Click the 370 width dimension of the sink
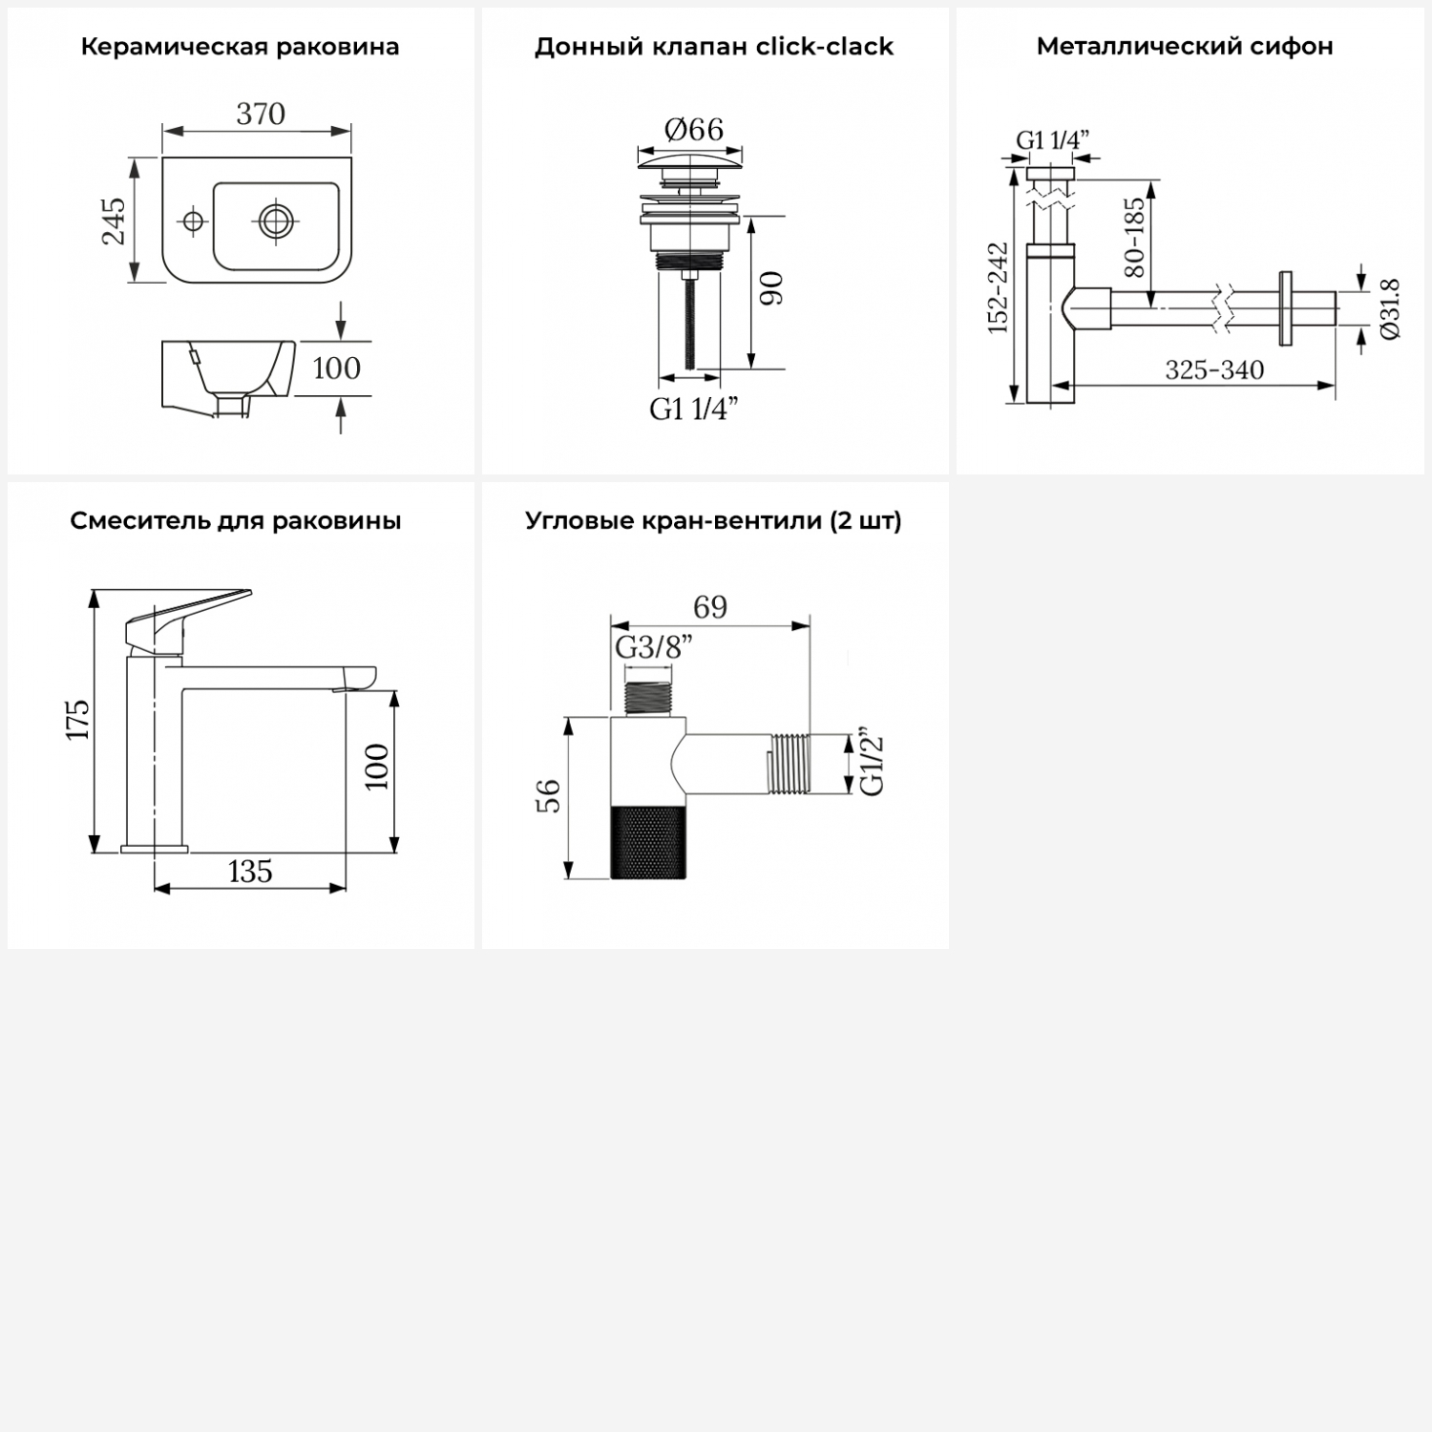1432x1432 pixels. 261,114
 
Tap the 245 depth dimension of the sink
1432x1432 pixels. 114,221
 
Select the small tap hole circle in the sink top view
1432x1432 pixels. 193,221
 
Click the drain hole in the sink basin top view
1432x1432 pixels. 275,221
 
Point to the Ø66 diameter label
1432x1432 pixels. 693,129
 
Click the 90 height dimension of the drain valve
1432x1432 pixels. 772,288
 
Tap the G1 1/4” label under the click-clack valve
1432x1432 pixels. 694,409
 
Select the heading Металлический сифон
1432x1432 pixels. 1185,46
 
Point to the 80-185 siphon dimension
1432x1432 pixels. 1134,237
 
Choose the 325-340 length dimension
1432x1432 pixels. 1214,369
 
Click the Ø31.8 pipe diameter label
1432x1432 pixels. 1390,308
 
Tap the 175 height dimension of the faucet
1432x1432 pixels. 78,719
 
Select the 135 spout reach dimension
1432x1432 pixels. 250,871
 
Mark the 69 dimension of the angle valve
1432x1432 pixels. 710,607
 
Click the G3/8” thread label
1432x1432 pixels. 653,647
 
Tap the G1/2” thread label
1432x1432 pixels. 872,764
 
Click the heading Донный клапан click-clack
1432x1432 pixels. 714,46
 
